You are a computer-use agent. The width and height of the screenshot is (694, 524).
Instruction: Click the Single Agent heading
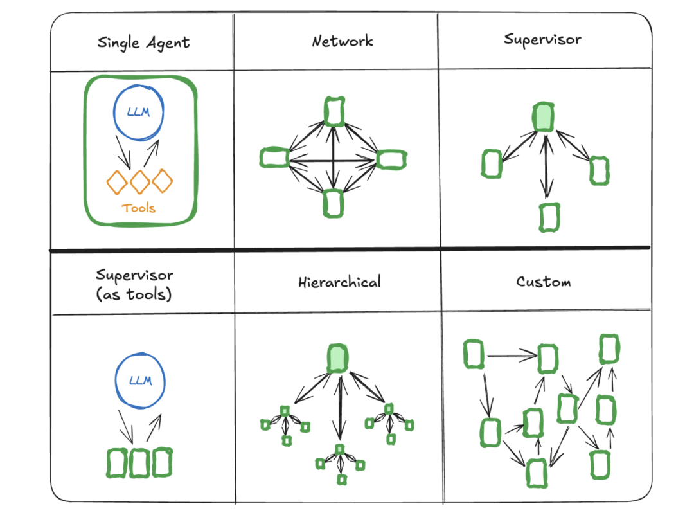143,43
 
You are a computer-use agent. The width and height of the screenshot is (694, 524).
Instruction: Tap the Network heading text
342,42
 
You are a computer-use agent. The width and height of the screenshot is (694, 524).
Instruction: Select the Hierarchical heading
339,282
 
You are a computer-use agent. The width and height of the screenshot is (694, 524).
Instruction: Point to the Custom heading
543,282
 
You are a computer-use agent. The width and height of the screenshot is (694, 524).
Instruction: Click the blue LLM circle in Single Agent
139,114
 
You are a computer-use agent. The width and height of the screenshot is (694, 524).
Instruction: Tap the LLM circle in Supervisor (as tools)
140,380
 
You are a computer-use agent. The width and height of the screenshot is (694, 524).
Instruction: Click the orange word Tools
139,208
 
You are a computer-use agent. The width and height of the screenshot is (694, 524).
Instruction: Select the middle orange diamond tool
140,182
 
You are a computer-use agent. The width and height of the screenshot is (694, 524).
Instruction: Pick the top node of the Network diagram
334,112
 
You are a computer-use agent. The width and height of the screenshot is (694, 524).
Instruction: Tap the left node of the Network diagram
274,158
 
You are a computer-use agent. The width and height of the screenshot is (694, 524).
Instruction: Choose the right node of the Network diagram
391,159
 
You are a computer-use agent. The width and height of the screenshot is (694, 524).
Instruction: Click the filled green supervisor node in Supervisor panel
544,117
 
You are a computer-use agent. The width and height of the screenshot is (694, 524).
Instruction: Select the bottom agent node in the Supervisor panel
548,217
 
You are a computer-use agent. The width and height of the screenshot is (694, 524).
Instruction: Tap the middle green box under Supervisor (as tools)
139,463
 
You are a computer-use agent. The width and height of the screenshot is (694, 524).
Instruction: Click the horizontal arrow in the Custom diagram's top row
512,355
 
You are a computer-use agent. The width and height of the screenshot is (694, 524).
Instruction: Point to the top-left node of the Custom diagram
474,355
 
